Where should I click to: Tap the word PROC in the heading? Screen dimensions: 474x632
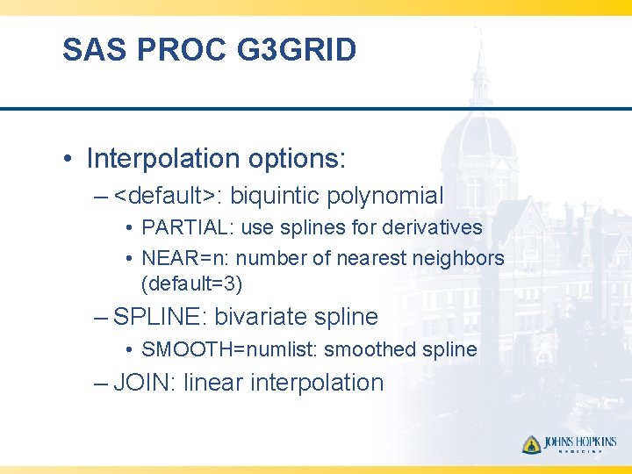click(180, 50)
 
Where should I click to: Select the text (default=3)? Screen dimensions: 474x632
click(191, 284)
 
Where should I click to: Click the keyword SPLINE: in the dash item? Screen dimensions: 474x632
click(161, 317)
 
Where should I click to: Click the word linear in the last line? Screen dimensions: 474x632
click(214, 383)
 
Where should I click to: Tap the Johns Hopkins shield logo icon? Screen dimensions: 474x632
click(531, 444)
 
